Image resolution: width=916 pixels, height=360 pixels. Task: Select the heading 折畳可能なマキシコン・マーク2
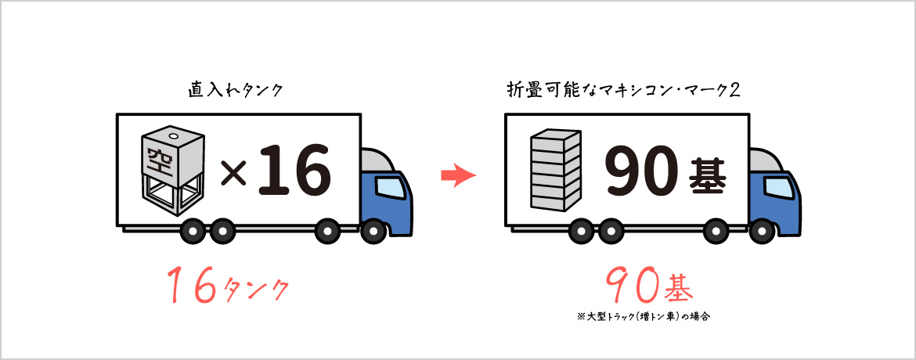coord(624,91)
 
